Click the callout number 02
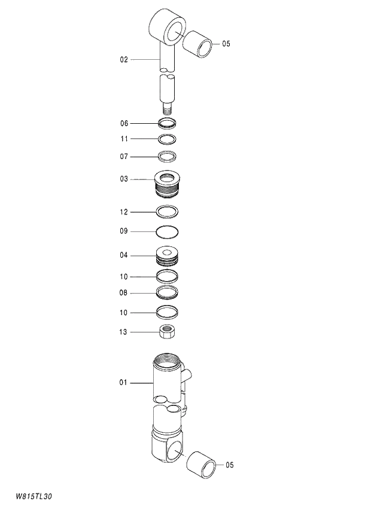(x=124, y=60)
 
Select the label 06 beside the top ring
(x=124, y=124)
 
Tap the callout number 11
(x=124, y=139)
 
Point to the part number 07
(x=124, y=157)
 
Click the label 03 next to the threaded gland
(x=124, y=179)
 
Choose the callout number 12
(x=124, y=212)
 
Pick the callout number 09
(x=124, y=231)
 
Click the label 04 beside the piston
(x=124, y=255)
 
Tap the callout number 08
(x=124, y=293)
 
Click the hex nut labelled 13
(x=167, y=330)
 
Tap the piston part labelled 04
(x=167, y=256)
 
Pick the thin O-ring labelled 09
(x=167, y=231)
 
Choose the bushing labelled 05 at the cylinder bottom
(x=201, y=465)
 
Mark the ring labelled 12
(x=167, y=212)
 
